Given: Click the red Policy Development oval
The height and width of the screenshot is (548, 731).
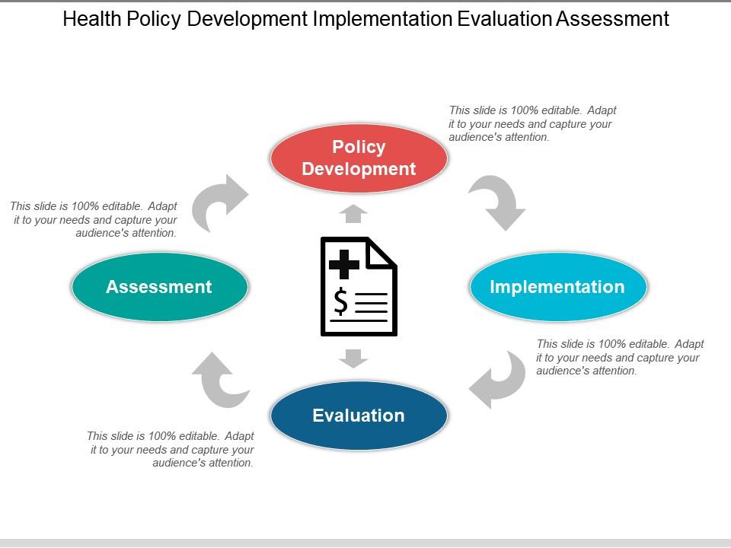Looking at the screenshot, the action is [359, 158].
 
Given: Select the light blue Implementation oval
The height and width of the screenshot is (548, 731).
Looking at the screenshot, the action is [558, 287].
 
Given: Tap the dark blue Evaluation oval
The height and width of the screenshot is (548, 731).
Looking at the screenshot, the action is [359, 416].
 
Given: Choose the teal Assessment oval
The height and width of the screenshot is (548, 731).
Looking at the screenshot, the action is [160, 287].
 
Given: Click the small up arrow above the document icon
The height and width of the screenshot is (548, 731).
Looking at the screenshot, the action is [353, 213].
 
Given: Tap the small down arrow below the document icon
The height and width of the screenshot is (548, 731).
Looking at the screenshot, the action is [353, 358].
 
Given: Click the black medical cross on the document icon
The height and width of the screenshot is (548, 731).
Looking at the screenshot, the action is [344, 265].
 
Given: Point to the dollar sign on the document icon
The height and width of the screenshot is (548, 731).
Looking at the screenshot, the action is [341, 301].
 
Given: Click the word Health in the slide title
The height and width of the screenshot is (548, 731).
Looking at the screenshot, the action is [92, 19].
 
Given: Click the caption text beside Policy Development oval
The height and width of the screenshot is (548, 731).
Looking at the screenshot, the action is [532, 123].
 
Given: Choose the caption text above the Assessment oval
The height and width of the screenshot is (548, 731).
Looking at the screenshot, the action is [94, 219].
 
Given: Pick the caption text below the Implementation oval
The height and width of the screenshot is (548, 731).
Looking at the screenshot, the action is [620, 358].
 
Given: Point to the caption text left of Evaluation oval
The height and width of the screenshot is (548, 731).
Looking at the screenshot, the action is [171, 449].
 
